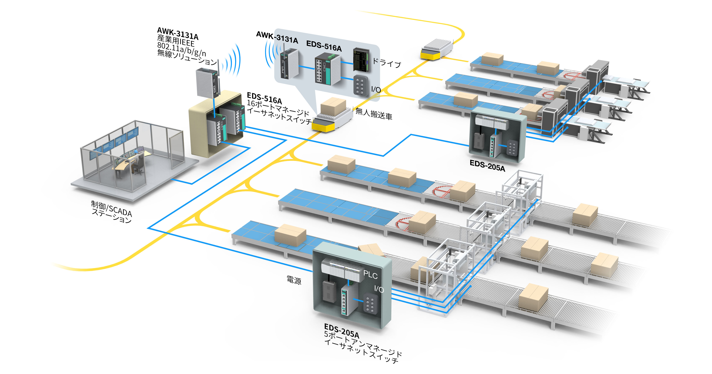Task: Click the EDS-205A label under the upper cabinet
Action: (x=487, y=166)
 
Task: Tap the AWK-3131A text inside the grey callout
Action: (x=277, y=38)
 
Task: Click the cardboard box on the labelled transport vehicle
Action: (x=333, y=107)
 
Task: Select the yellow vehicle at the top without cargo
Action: (x=437, y=49)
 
